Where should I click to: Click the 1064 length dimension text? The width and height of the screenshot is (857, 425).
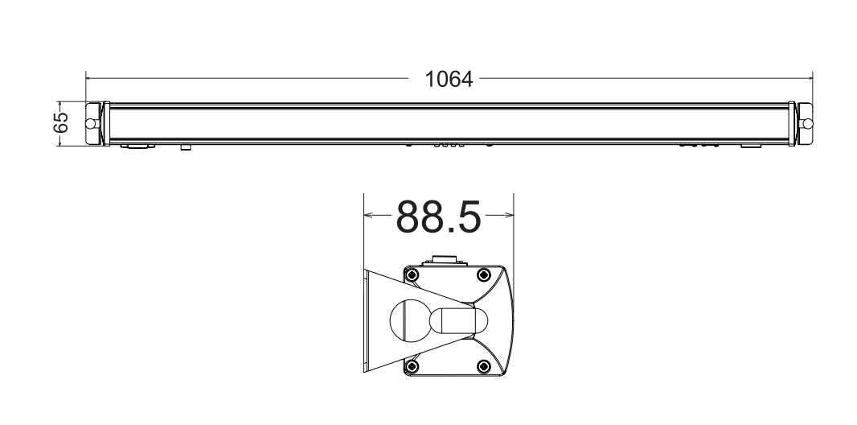(x=449, y=80)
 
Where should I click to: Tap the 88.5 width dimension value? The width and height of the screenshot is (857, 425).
(x=438, y=216)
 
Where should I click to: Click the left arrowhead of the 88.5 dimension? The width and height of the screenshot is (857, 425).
(x=367, y=215)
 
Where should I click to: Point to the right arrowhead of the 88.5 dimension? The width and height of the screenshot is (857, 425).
(x=509, y=215)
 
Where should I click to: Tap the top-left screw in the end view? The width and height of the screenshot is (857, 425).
(x=412, y=275)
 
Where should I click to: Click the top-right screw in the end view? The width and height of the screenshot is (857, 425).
(x=483, y=275)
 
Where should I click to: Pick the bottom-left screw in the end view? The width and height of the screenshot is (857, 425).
(x=412, y=367)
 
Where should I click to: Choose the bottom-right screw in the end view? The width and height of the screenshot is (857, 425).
(x=483, y=367)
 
